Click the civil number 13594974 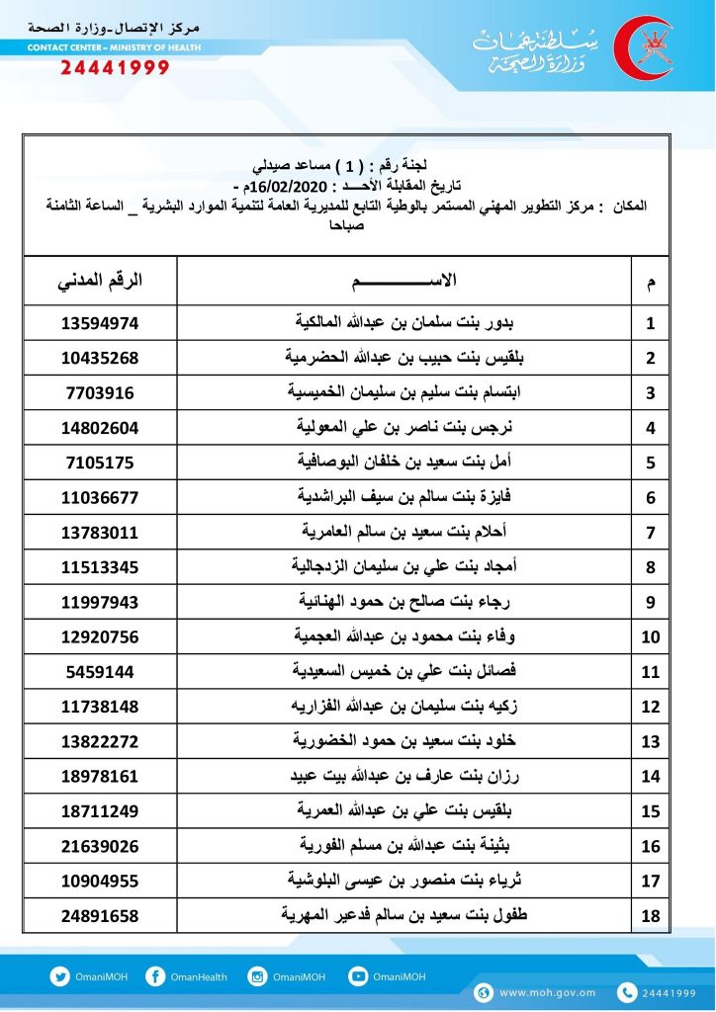tap(99, 322)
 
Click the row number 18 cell tap(650, 916)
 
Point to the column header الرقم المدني tap(99, 280)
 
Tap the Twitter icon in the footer tap(59, 976)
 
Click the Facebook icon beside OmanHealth tap(154, 976)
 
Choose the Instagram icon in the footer tap(259, 976)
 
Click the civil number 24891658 tap(99, 916)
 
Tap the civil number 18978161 tap(99, 776)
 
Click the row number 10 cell tap(650, 636)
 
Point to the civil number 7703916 tap(99, 392)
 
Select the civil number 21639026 tap(99, 846)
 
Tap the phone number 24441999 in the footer tap(669, 992)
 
